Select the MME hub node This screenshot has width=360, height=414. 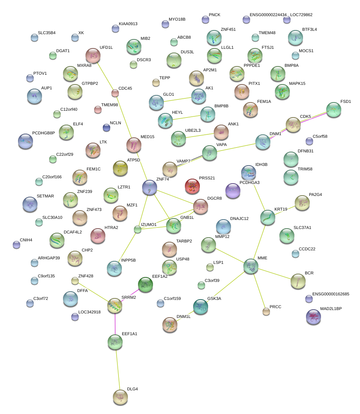(x=250, y=266)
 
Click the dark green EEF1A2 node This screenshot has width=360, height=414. (x=145, y=285)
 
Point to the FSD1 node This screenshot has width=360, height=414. (x=333, y=110)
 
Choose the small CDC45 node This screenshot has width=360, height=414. (x=115, y=93)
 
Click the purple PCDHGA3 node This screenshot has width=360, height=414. (x=233, y=191)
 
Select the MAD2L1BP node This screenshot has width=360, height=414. (x=313, y=317)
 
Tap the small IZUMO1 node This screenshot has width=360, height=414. (x=138, y=229)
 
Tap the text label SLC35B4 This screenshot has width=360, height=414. (x=46, y=33)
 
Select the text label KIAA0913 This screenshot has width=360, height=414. (x=128, y=24)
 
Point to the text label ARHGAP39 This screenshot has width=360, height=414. (x=49, y=258)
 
